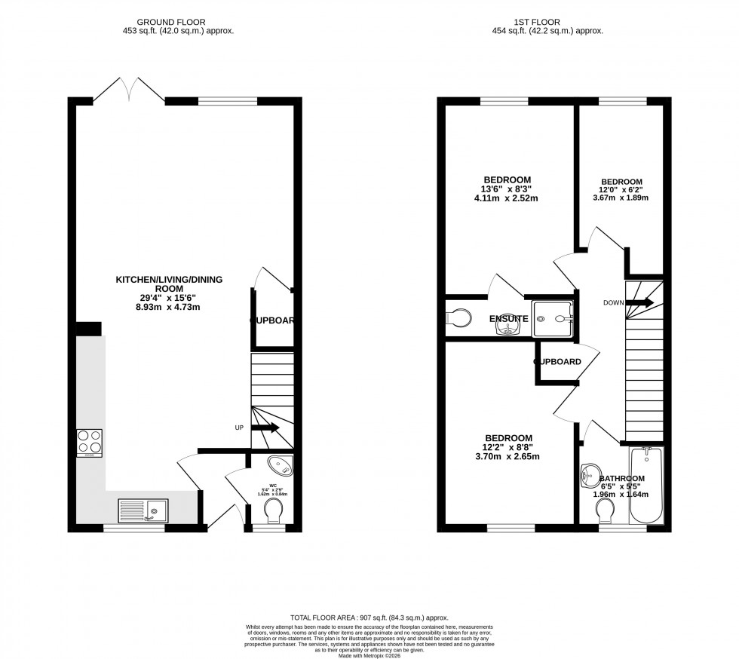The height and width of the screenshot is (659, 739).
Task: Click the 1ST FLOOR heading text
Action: (x=553, y=22)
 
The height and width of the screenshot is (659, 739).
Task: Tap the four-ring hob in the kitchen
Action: (x=89, y=443)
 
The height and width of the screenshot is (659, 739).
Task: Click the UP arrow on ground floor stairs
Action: (x=265, y=428)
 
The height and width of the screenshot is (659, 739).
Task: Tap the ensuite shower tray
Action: (x=553, y=318)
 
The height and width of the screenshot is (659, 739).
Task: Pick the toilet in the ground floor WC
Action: (x=274, y=513)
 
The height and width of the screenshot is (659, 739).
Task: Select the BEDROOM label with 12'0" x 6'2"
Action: (x=621, y=182)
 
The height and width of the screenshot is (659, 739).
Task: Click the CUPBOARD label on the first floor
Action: (x=557, y=362)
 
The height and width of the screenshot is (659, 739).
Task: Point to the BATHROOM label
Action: (x=621, y=479)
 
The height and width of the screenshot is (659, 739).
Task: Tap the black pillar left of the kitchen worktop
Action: (x=89, y=329)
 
